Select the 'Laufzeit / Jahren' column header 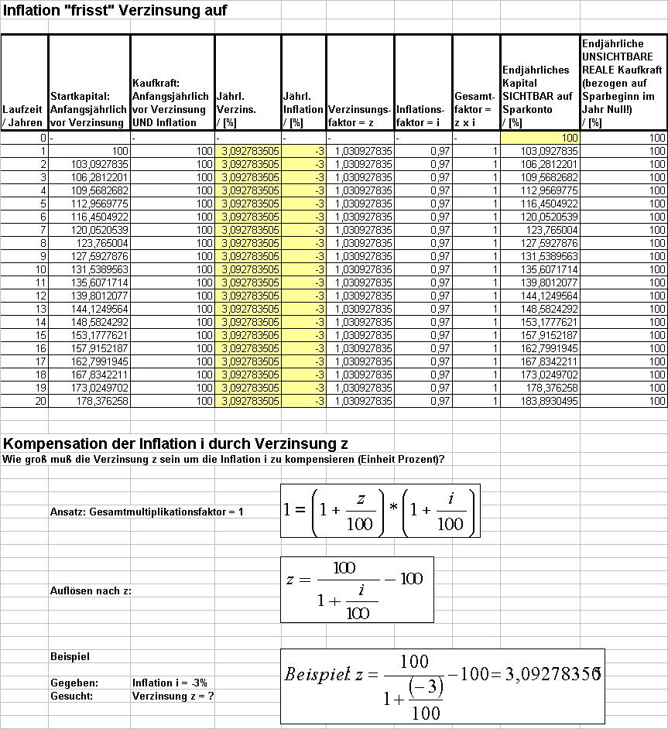point(24,116)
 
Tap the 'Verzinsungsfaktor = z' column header point(360,116)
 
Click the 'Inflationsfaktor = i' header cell point(423,116)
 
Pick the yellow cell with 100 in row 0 point(540,138)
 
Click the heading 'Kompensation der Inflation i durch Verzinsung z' point(175,444)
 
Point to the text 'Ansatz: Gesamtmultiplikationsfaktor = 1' point(147,512)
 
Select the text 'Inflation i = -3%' point(170,683)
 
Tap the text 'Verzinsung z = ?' point(173,696)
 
